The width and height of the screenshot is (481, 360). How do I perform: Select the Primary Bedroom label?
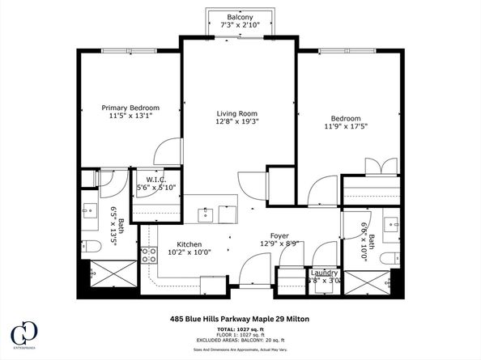point(130,108)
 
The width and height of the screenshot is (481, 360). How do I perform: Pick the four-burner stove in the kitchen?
point(149,256)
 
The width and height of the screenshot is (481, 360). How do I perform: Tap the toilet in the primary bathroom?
point(92,247)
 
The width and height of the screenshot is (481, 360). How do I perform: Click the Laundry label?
point(324,273)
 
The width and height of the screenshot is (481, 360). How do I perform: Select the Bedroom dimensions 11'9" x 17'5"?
point(348,125)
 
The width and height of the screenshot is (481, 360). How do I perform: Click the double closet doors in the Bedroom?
point(381,166)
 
